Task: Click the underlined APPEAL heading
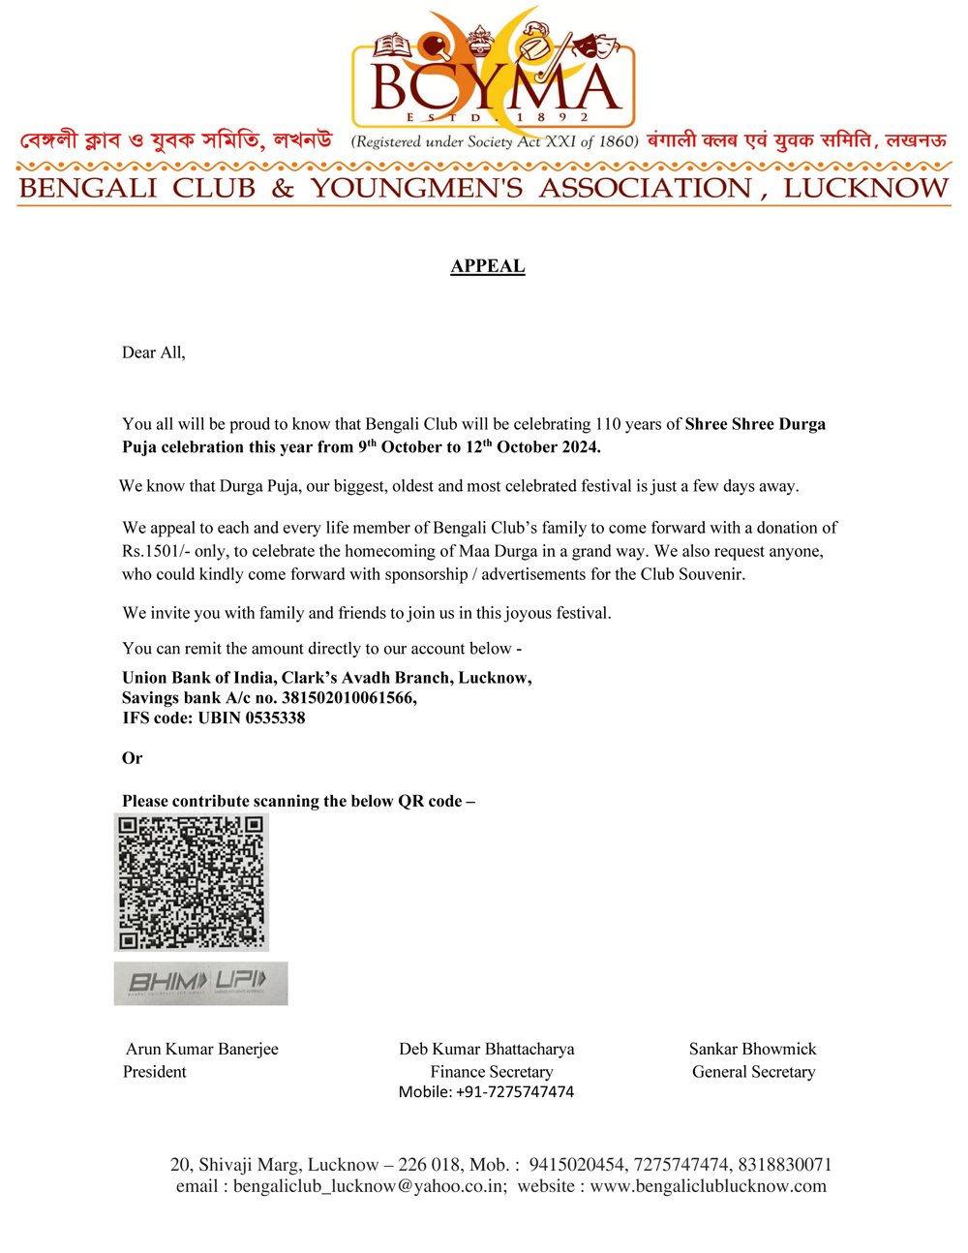pos(488,266)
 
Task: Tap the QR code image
pos(191,881)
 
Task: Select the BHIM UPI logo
pos(200,983)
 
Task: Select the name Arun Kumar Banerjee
pos(202,1049)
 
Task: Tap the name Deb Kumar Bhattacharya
pos(486,1049)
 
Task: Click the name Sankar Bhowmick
pos(752,1049)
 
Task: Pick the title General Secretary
pos(753,1072)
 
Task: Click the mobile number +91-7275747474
pos(514,1092)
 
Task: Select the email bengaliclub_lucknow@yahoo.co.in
pos(369,1186)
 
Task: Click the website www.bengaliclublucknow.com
pos(709,1186)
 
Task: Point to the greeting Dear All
pos(153,352)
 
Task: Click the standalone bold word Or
pos(132,758)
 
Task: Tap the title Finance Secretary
pos(492,1072)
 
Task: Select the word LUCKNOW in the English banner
pos(866,188)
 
